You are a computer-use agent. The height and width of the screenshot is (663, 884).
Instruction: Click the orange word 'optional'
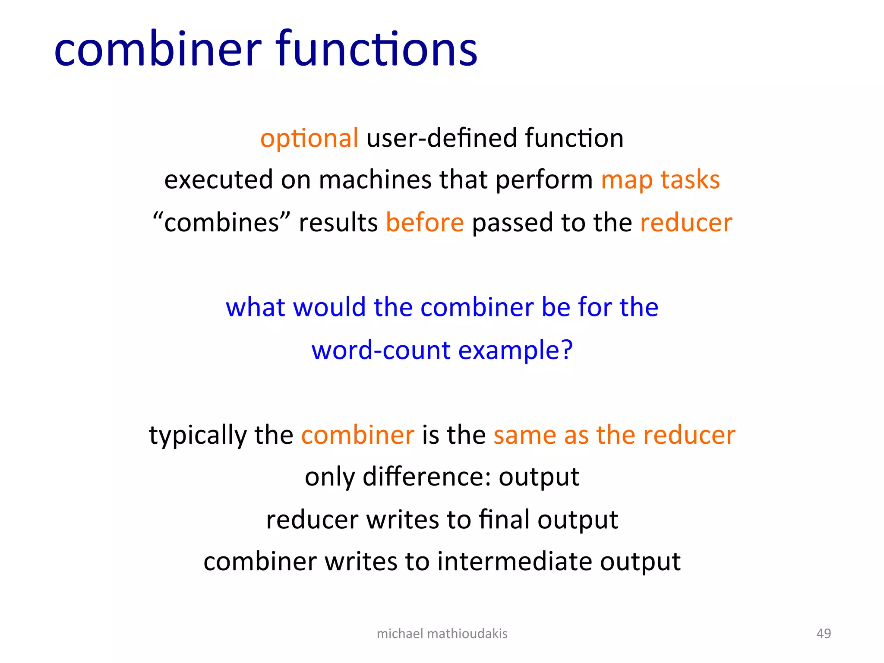309,138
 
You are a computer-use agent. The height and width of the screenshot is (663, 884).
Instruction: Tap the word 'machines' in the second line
375,180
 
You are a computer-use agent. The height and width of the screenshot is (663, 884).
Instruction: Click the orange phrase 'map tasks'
660,180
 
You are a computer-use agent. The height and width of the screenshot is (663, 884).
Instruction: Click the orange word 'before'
425,223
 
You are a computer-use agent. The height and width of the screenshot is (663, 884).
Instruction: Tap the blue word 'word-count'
381,350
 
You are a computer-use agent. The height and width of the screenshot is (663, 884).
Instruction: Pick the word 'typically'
197,435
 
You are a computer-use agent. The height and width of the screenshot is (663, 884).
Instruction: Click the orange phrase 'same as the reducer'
614,435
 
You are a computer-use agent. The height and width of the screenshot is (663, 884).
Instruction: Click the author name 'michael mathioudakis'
442,633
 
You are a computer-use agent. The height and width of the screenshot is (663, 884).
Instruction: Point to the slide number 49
824,633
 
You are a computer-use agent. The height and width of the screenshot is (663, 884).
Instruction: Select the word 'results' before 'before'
338,223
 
